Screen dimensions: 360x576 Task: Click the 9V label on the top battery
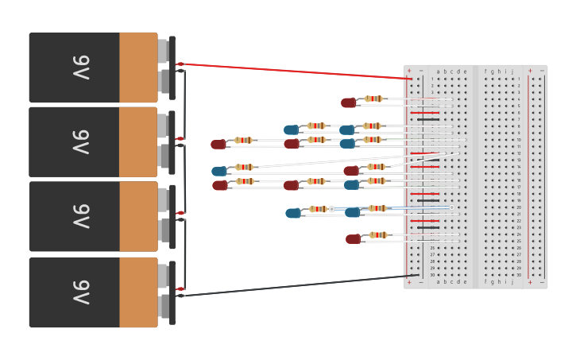(82, 68)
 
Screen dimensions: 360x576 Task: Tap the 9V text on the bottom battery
(82, 292)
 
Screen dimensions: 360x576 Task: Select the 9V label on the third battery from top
(82, 217)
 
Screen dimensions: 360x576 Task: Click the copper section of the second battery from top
(138, 142)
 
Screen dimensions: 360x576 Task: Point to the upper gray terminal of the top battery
(163, 52)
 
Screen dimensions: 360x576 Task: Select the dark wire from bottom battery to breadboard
(294, 286)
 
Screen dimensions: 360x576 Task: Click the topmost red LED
(348, 103)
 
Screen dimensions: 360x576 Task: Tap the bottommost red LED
(353, 239)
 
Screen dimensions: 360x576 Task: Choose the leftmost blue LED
(218, 171)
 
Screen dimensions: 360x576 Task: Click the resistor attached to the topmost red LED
(373, 99)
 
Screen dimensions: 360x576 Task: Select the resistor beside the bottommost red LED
(378, 235)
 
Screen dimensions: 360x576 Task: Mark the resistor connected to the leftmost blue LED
(245, 167)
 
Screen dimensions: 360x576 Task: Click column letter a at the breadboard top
(438, 72)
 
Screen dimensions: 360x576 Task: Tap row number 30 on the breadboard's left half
(432, 275)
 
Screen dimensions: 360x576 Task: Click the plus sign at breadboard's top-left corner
(409, 71)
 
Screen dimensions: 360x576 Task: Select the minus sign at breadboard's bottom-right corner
(542, 282)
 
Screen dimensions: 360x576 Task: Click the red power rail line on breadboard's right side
(528, 175)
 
